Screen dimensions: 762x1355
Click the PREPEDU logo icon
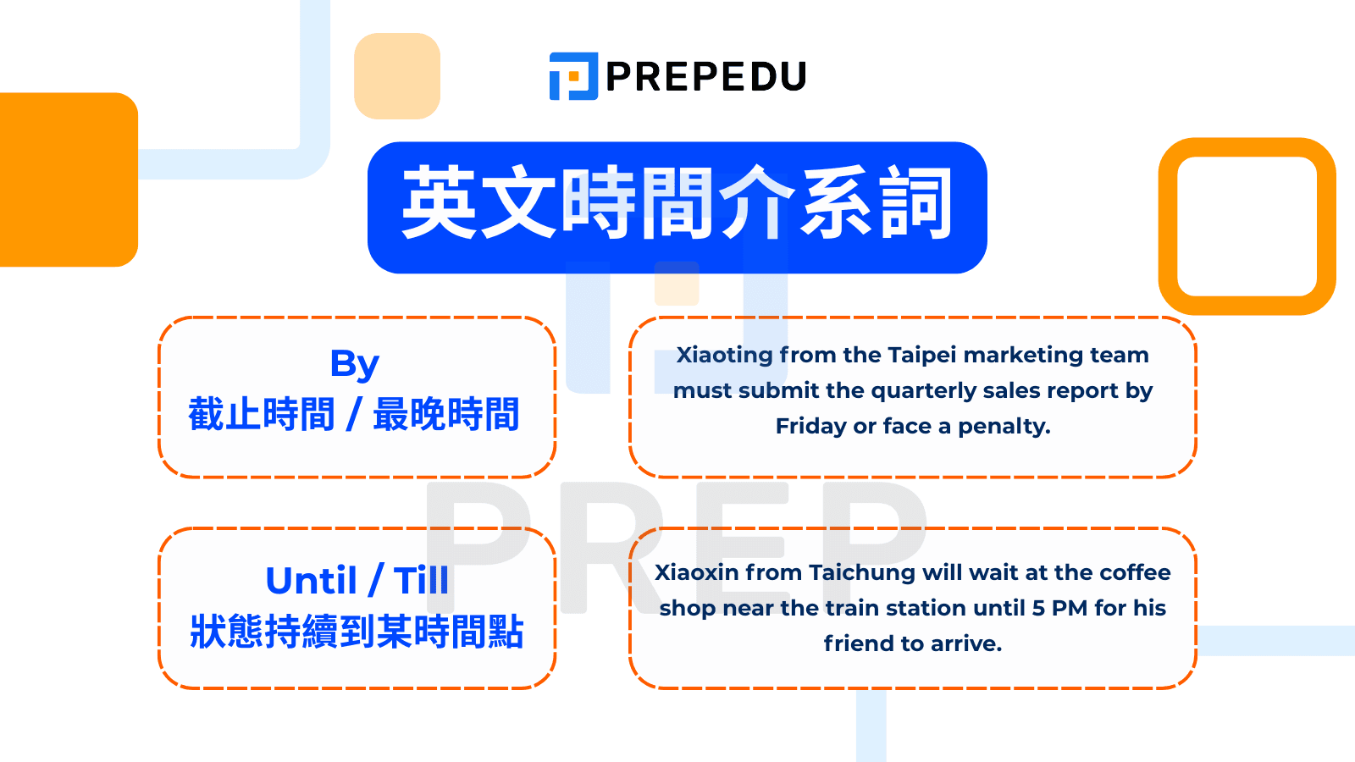pos(573,76)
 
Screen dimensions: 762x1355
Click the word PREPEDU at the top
pos(706,77)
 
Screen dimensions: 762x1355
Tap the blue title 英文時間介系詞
pos(677,205)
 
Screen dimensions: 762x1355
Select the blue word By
pos(355,365)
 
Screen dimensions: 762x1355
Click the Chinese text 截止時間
pos(262,415)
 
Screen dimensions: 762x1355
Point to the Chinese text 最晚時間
pos(445,415)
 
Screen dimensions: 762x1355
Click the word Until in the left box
pos(311,582)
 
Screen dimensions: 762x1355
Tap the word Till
pos(421,582)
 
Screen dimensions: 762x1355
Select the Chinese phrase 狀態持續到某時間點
pos(357,632)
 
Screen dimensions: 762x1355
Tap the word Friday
pos(810,426)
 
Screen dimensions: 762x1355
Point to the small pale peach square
pos(397,76)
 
